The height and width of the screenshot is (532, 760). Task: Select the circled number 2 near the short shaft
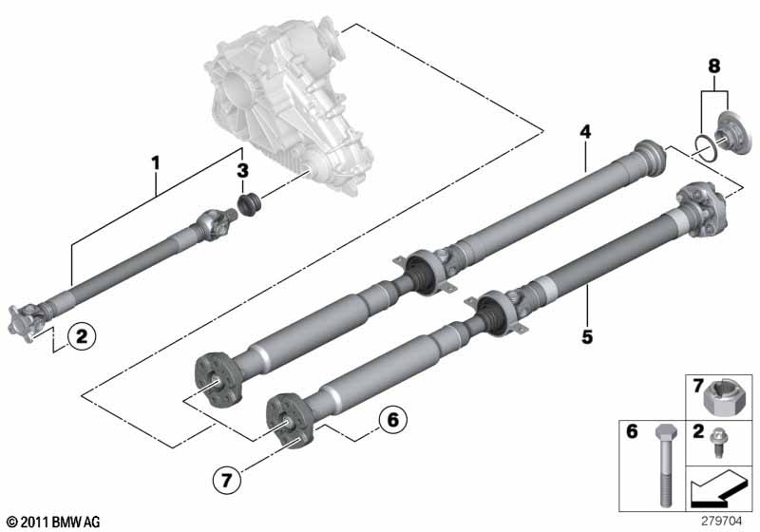82,335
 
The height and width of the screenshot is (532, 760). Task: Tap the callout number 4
586,132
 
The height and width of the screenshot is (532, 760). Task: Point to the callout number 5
587,335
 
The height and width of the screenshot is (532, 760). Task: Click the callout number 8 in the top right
714,66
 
